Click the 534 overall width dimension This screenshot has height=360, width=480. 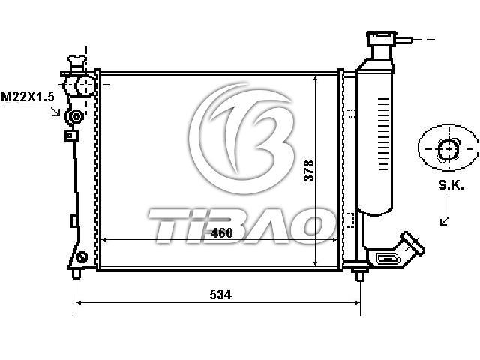coord(220,295)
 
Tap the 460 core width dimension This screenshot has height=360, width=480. coord(222,233)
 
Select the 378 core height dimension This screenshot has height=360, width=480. coord(309,170)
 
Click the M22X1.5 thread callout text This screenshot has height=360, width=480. coord(28,97)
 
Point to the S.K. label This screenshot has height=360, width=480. coord(451,185)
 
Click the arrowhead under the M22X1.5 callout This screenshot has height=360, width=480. coord(57,112)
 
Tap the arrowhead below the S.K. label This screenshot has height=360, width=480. coord(443,222)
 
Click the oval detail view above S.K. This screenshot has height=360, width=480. coord(448,148)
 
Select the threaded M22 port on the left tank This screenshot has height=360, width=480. coord(74,117)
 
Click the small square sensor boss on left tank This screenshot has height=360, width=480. coord(70,135)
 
